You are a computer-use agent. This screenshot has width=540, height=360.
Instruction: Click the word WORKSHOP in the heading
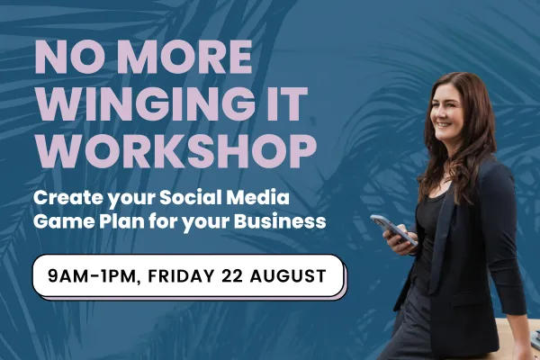pos(176,151)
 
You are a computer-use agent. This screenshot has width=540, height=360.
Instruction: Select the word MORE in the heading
pos(187,57)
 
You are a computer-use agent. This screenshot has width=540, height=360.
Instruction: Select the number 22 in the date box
pos(232,276)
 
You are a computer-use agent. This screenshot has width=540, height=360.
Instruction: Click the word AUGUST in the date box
pos(288,276)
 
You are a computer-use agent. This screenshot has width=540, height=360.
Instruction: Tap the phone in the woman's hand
pos(393,229)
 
